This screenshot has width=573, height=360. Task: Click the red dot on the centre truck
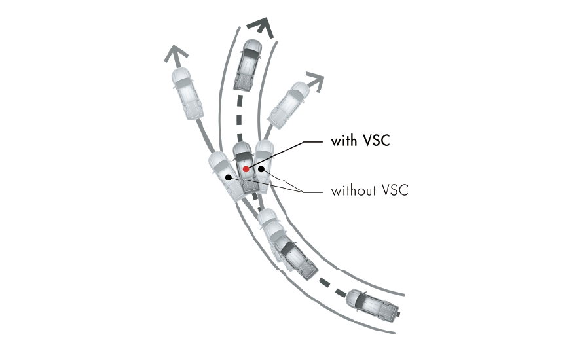coord(246,169)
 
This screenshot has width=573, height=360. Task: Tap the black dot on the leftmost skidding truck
coord(229,177)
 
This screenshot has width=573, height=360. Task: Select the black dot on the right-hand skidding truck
coord(261,169)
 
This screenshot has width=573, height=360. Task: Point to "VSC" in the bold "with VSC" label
coord(377,141)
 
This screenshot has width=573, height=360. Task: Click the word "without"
coord(354,190)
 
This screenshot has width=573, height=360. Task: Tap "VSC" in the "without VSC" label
coord(396,190)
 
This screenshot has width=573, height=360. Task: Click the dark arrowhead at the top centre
coord(261,29)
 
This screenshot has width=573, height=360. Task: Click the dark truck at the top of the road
coord(248,65)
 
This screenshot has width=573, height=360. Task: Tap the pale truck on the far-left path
coord(187,94)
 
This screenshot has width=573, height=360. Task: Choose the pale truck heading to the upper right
coord(289,105)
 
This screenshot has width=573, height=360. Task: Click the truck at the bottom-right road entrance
coord(373,305)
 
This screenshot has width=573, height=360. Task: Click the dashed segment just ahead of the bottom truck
coord(341,292)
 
